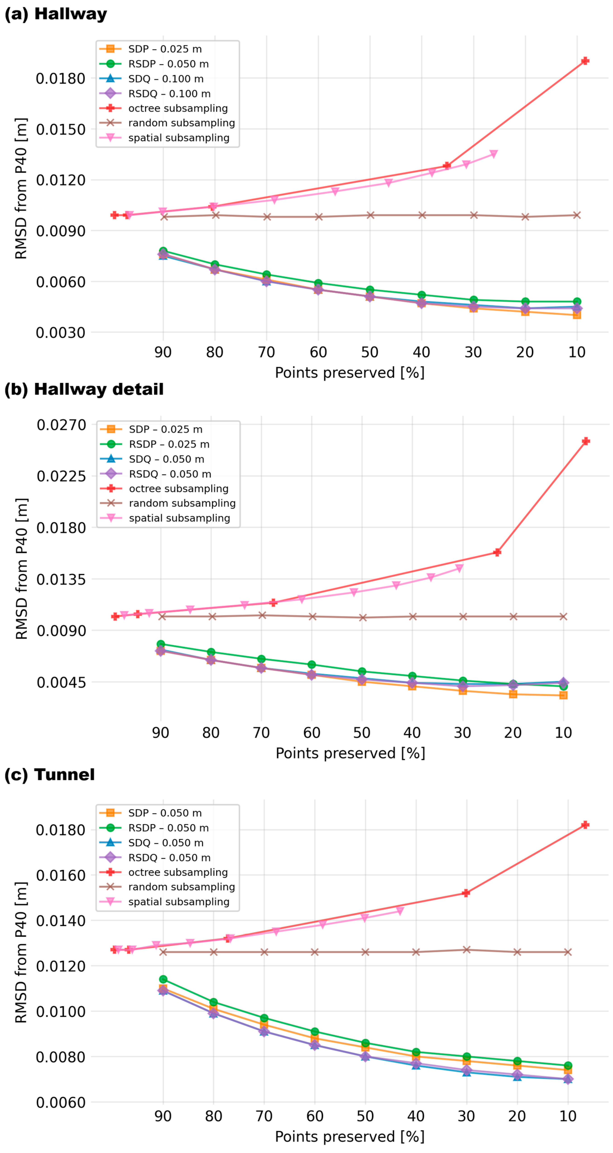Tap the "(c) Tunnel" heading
click(49, 774)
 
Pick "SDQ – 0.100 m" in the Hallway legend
click(166, 79)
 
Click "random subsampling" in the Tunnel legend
click(181, 887)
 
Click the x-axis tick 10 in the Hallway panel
click(577, 352)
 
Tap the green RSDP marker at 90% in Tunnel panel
click(163, 979)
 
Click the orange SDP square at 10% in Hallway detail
click(563, 695)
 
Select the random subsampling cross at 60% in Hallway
click(318, 217)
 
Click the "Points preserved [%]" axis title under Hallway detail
click(350, 753)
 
